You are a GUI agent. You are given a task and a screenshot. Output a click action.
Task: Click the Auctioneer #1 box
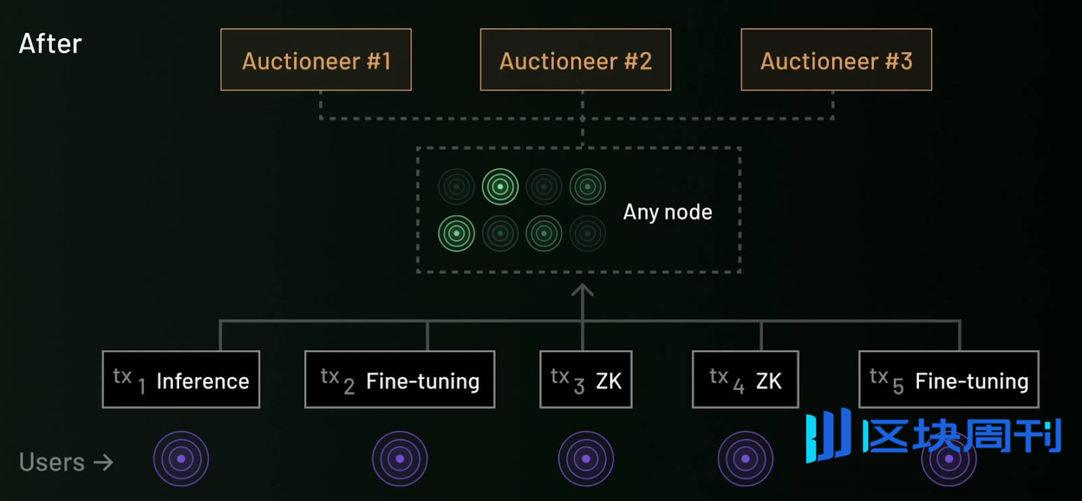click(x=316, y=59)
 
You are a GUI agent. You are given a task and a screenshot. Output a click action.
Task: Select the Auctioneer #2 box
click(x=575, y=59)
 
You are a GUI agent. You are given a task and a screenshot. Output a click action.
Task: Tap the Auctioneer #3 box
click(x=837, y=59)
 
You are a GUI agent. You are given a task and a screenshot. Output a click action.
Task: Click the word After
click(x=50, y=44)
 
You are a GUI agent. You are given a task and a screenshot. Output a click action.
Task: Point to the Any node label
click(x=667, y=212)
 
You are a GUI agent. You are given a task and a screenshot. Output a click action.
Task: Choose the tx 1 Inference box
click(x=181, y=379)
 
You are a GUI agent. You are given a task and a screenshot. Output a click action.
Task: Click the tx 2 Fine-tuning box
click(x=400, y=379)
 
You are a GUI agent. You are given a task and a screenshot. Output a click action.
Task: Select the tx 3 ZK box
click(x=586, y=379)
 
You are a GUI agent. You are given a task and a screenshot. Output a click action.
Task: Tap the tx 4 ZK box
click(x=745, y=379)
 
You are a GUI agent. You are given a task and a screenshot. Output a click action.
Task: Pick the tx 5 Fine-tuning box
click(x=949, y=379)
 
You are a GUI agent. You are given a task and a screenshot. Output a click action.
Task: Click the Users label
click(x=52, y=462)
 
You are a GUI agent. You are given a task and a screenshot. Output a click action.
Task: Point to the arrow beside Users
click(x=103, y=462)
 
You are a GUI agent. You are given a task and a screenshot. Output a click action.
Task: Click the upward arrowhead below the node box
click(x=582, y=291)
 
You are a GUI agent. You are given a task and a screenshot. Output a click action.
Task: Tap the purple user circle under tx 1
click(x=181, y=459)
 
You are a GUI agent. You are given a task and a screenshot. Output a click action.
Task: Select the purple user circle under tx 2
click(x=400, y=459)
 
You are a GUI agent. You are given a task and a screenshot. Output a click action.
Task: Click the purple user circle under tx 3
click(x=586, y=459)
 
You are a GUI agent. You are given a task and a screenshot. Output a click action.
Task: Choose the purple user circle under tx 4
click(x=745, y=459)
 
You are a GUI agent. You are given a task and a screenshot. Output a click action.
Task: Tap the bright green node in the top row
click(x=500, y=187)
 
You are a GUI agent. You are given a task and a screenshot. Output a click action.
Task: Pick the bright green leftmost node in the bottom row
click(x=456, y=233)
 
